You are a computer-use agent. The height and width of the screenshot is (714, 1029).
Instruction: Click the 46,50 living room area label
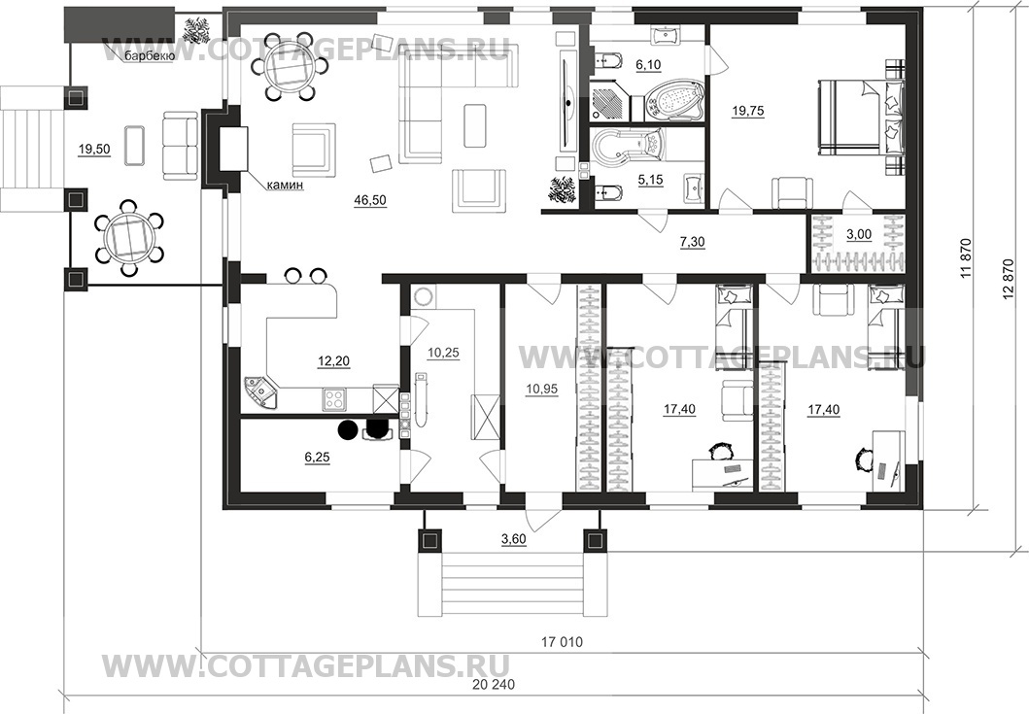pyautogui.click(x=370, y=201)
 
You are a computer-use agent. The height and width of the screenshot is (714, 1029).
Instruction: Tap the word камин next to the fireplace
pyautogui.click(x=285, y=186)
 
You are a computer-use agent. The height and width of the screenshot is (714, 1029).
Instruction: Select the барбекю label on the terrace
pyautogui.click(x=149, y=57)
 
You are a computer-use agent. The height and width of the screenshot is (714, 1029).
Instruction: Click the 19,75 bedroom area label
pyautogui.click(x=747, y=111)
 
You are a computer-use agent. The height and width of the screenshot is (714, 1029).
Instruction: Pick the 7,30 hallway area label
pyautogui.click(x=692, y=242)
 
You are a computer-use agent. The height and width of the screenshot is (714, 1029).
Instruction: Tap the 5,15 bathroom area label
pyautogui.click(x=650, y=179)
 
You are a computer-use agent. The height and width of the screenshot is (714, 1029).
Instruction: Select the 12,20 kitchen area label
pyautogui.click(x=333, y=360)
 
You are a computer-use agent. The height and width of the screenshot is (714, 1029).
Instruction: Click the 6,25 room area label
pyautogui.click(x=318, y=457)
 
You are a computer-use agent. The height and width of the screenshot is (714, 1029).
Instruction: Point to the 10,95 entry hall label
pyautogui.click(x=541, y=390)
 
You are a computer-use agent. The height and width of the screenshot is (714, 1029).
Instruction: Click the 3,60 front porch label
pyautogui.click(x=514, y=539)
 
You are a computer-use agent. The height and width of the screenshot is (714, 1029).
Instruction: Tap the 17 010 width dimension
pyautogui.click(x=562, y=642)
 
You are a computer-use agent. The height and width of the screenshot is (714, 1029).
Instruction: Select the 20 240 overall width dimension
pyautogui.click(x=494, y=685)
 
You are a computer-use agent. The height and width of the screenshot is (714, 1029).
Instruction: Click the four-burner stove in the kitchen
pyautogui.click(x=333, y=399)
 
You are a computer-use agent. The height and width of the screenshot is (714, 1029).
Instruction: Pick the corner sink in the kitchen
pyautogui.click(x=260, y=392)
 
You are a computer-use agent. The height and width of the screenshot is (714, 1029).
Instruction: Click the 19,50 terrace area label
pyautogui.click(x=94, y=150)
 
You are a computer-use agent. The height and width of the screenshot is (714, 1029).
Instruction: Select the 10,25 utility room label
pyautogui.click(x=444, y=353)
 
